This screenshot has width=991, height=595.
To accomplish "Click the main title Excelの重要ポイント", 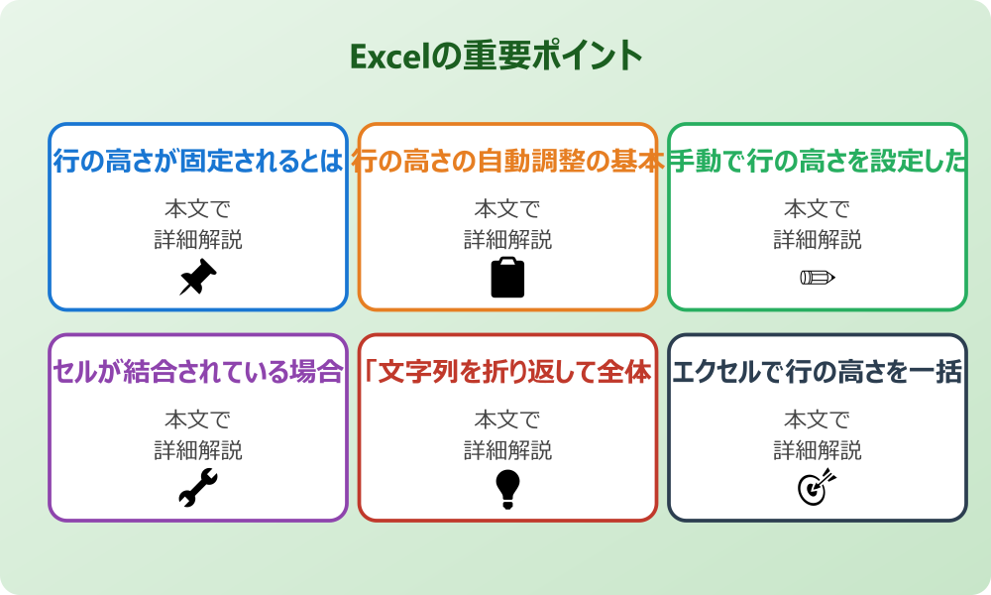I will (496, 56).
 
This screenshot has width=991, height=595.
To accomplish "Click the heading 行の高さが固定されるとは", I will (198, 162).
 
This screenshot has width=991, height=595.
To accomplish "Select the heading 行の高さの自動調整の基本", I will (507, 162).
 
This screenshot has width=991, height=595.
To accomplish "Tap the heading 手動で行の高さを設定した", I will (818, 162).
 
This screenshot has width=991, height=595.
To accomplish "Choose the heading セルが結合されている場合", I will (198, 373).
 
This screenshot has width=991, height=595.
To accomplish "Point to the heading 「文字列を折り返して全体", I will (507, 373).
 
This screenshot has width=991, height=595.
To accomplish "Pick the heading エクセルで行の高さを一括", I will (818, 373).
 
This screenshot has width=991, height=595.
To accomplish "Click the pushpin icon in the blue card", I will (198, 278).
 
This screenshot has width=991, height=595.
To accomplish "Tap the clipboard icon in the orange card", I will (507, 278).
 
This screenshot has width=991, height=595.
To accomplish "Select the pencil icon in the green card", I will (818, 277).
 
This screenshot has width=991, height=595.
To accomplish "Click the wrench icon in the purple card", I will (198, 488).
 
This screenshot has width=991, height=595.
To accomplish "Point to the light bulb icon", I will (507, 488).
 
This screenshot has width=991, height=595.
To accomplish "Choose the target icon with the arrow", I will (818, 488).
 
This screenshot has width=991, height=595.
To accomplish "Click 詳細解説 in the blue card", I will (198, 240).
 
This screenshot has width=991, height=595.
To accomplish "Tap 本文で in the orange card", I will (507, 209).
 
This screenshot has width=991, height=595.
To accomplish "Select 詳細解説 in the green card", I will (818, 240).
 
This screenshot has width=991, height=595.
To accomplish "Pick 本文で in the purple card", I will (198, 420).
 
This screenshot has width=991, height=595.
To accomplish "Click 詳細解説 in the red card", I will (507, 451).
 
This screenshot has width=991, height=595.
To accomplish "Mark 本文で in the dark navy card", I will (818, 420).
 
